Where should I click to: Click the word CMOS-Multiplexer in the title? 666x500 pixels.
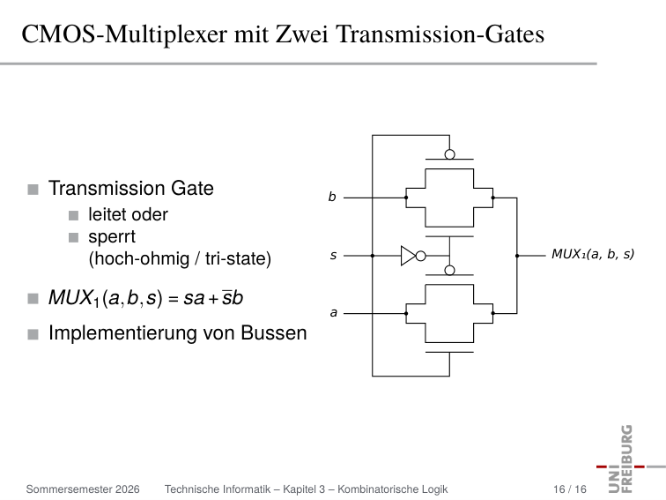pyautogui.click(x=125, y=34)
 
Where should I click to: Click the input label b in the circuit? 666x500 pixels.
pyautogui.click(x=332, y=197)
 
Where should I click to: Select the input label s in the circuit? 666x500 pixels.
pyautogui.click(x=333, y=255)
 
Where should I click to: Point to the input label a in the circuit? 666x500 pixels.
pyautogui.click(x=333, y=312)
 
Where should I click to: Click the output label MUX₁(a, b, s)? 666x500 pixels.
pyautogui.click(x=593, y=254)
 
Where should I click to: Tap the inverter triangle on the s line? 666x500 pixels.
pyautogui.click(x=408, y=256)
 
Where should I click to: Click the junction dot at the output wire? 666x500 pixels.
pyautogui.click(x=517, y=256)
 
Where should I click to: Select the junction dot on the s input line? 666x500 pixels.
pyautogui.click(x=373, y=256)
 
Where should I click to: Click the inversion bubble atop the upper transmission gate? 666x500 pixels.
pyautogui.click(x=450, y=154)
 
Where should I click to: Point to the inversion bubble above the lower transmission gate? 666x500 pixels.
pyautogui.click(x=450, y=270)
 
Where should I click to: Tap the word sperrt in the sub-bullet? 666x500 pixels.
pyautogui.click(x=112, y=237)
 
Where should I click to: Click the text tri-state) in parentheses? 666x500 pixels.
pyautogui.click(x=238, y=258)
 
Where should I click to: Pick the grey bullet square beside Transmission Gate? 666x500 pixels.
pyautogui.click(x=33, y=190)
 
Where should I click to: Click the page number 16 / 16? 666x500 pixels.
pyautogui.click(x=570, y=489)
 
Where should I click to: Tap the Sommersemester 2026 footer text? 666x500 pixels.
pyautogui.click(x=83, y=489)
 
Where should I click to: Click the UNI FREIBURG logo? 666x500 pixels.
pyautogui.click(x=629, y=459)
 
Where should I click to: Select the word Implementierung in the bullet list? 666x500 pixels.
pyautogui.click(x=122, y=333)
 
